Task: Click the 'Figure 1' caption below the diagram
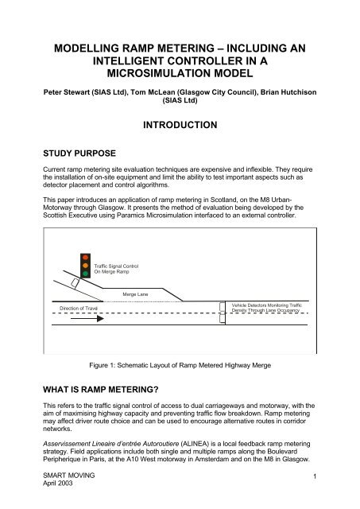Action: [x=180, y=367]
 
